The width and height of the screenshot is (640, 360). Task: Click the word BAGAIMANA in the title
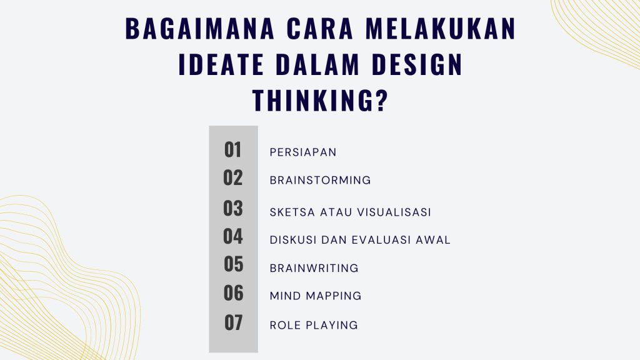click(199, 28)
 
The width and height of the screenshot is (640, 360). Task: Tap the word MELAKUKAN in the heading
click(441, 28)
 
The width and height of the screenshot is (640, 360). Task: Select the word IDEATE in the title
click(221, 64)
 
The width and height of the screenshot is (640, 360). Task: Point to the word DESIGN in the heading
click(417, 64)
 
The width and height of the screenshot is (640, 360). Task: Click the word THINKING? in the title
click(319, 101)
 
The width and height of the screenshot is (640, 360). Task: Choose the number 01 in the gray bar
click(232, 150)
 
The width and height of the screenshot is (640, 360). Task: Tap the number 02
click(232, 178)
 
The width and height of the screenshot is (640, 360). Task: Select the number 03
click(232, 208)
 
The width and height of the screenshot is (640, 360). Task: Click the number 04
click(232, 236)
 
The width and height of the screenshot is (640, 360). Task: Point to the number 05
click(234, 264)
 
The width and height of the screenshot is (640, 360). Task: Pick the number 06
click(234, 293)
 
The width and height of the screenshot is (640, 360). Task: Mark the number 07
click(234, 322)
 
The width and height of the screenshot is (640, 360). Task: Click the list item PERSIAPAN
click(303, 152)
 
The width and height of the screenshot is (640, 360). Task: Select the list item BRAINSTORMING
click(321, 180)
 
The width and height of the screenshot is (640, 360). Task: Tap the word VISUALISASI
click(394, 212)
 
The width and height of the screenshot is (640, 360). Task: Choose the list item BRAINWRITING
click(314, 268)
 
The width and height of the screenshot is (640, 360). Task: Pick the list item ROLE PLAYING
click(314, 325)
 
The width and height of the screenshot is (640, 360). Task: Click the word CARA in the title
click(320, 28)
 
